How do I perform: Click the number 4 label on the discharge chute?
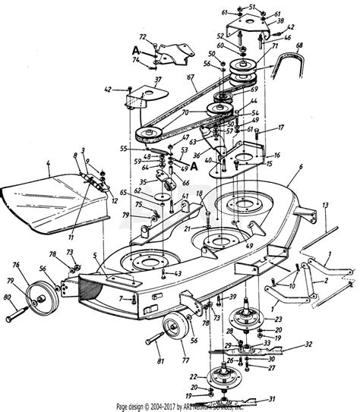pyautogui.click(x=46, y=163)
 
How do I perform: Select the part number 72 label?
pyautogui.click(x=142, y=36)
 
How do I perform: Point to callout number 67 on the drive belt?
pyautogui.click(x=189, y=78)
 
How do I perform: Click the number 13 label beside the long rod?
pyautogui.click(x=324, y=205)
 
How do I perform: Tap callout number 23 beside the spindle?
pyautogui.click(x=279, y=319)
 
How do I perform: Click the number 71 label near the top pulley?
pyautogui.click(x=267, y=46)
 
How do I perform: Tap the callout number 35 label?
pyautogui.click(x=144, y=182)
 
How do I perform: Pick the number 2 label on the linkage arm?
pyautogui.click(x=325, y=281)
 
